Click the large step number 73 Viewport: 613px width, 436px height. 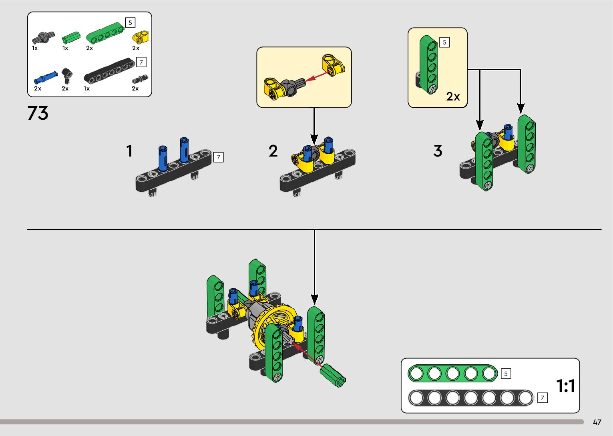[38, 113]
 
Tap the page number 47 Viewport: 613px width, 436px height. [597, 422]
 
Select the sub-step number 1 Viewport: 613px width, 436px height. [129, 151]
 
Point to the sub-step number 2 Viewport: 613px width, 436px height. [273, 151]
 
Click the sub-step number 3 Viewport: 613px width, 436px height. [438, 151]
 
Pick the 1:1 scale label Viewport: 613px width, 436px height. [565, 386]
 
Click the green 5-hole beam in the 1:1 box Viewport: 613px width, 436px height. [452, 374]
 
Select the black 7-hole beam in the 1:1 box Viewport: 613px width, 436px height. [470, 398]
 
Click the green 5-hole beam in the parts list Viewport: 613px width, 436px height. [105, 34]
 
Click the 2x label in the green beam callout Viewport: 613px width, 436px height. [453, 96]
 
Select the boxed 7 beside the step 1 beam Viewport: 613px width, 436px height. [218, 157]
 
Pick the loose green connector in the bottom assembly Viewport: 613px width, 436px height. [332, 375]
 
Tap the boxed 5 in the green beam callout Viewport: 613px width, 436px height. [444, 42]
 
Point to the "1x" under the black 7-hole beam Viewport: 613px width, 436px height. [86, 88]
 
